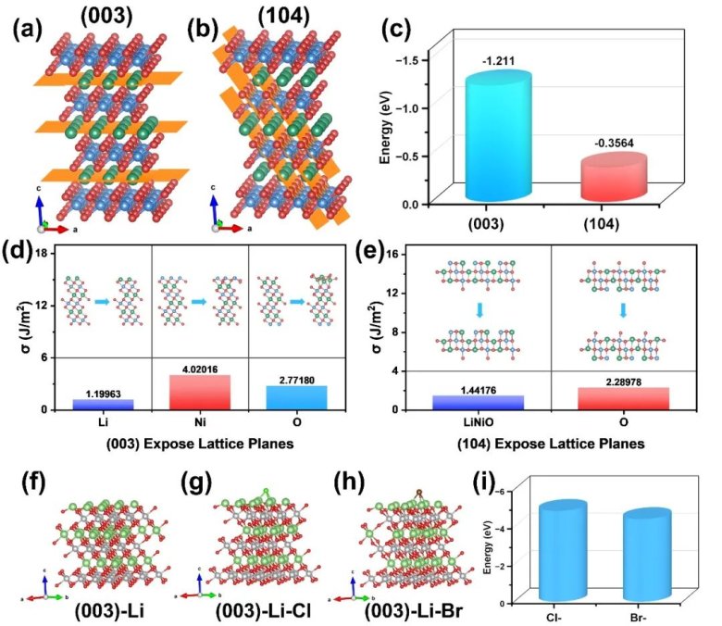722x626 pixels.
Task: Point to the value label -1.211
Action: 497,62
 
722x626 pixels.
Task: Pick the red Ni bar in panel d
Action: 199,392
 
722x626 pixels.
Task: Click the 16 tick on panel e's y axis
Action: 392,253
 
